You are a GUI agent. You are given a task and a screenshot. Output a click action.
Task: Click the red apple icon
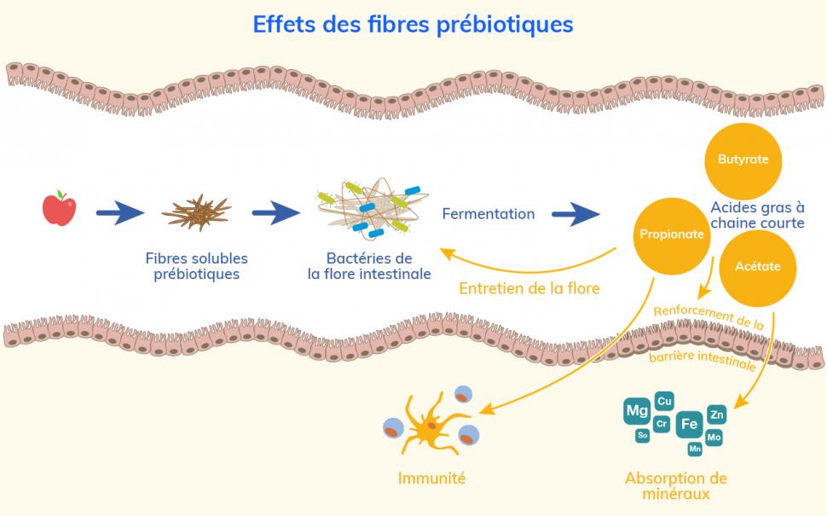point(59,209)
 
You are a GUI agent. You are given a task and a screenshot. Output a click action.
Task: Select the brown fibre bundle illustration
point(197,212)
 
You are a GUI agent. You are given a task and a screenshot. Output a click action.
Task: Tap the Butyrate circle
point(743,159)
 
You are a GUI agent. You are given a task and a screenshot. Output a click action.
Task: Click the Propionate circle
point(673,235)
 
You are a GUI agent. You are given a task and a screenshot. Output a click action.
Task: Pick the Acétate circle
point(757,266)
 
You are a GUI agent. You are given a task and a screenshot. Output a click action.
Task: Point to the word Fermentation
point(488,214)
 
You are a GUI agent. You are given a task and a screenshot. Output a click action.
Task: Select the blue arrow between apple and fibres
point(121,213)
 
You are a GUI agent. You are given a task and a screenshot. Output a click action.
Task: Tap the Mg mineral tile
point(637,411)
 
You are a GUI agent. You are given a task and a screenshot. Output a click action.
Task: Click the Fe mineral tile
point(689,424)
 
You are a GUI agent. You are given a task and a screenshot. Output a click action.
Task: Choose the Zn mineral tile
point(716,415)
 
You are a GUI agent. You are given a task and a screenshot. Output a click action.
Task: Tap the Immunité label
point(431,478)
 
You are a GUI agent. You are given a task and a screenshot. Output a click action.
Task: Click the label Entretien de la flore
point(529,288)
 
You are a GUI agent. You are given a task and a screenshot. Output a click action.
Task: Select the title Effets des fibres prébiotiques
point(413,24)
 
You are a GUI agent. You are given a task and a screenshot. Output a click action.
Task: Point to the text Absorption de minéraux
point(675,486)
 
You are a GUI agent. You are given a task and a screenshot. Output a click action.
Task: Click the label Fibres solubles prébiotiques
point(196,266)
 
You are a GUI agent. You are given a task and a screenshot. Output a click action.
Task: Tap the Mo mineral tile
point(714,438)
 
